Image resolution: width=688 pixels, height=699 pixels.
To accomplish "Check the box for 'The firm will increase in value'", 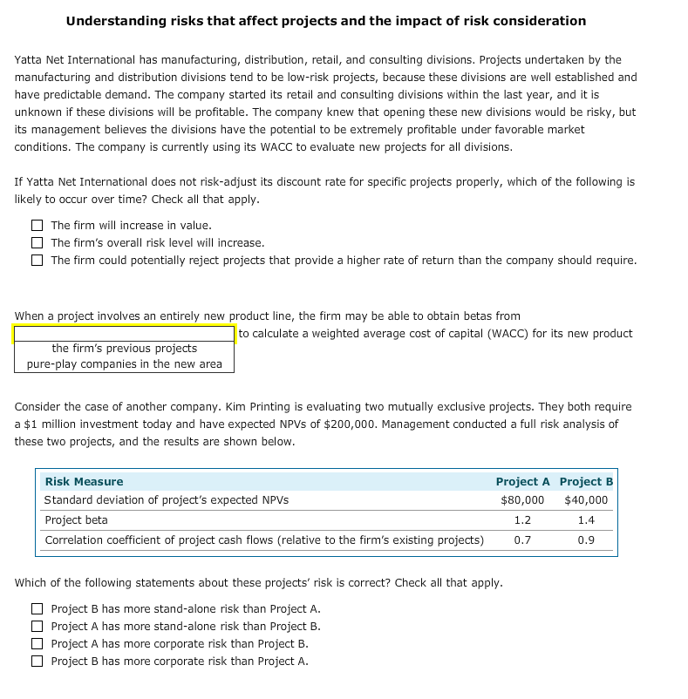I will [37, 226].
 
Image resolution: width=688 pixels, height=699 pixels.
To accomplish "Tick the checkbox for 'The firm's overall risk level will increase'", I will [37, 243].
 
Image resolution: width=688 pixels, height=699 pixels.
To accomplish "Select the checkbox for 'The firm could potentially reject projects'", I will [37, 261].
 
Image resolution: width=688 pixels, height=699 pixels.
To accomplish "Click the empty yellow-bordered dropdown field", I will [124, 334].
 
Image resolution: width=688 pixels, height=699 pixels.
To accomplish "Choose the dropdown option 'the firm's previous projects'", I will [124, 349].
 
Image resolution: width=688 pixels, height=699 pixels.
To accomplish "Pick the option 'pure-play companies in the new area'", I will [124, 364].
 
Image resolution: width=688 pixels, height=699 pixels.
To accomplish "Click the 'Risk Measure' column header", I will [84, 482].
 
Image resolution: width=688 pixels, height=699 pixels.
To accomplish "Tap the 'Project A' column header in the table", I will [522, 482].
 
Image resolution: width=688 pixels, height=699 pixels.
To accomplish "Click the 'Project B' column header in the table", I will [586, 482].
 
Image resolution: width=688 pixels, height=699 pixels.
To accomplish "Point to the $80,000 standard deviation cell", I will [522, 500].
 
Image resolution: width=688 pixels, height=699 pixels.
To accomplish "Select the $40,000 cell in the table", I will [586, 500].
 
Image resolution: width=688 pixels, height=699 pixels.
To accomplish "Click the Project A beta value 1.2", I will [522, 520].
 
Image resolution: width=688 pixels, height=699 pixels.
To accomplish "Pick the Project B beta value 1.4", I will [586, 520].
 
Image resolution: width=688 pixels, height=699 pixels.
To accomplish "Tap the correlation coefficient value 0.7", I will [522, 540].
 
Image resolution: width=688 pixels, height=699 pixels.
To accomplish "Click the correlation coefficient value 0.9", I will [586, 540].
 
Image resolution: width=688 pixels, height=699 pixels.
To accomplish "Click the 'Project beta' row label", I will [76, 520].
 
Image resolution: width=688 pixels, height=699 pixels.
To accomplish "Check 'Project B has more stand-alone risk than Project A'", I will [37, 609].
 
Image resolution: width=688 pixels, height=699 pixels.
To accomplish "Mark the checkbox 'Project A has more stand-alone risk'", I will [37, 627].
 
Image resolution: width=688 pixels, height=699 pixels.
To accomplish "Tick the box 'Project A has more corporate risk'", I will [37, 644].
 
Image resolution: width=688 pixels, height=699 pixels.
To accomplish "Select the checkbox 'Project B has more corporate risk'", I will [37, 662].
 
